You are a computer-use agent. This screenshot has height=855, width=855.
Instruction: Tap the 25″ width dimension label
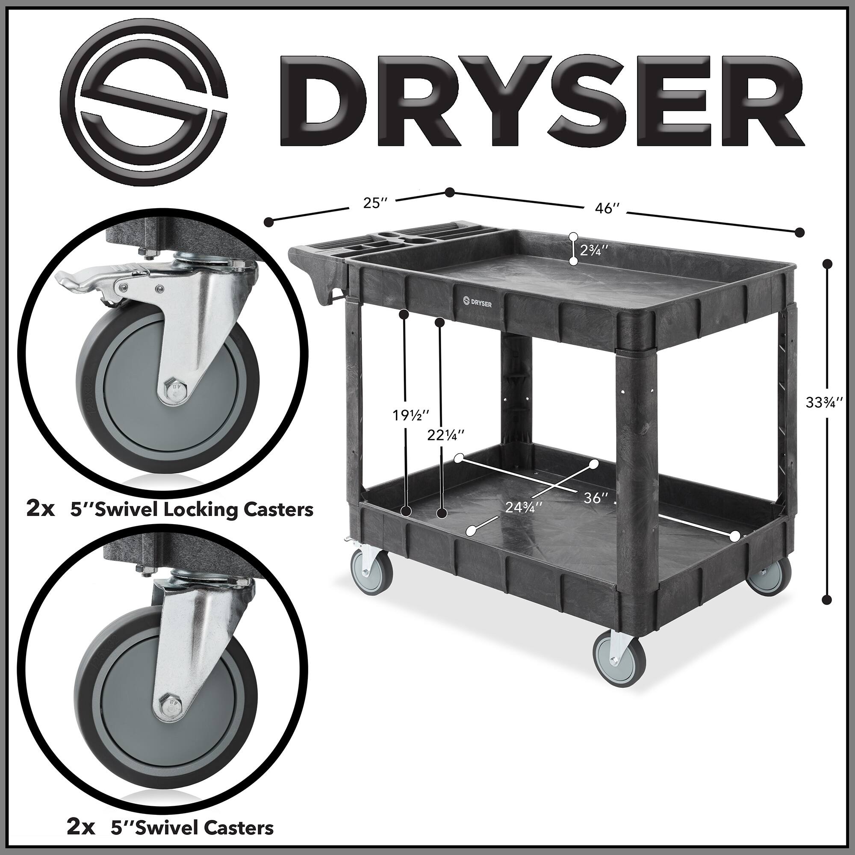click(375, 203)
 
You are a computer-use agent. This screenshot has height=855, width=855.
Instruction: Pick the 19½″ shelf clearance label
click(411, 416)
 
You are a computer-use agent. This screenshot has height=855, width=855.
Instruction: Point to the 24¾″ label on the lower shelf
click(524, 507)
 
